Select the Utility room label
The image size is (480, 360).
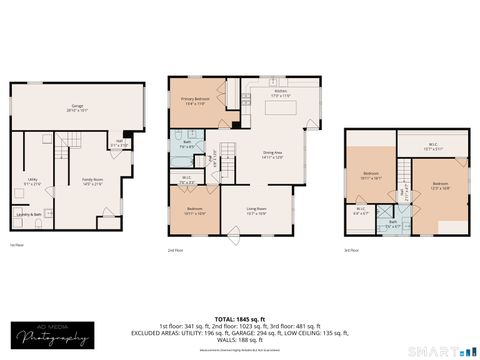pos(32,181)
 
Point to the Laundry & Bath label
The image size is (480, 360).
pos(30,215)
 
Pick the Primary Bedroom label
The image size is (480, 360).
pos(194,102)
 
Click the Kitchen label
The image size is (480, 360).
pos(281,94)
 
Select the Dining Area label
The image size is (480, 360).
pos(272,155)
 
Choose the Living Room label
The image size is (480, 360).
pos(256,211)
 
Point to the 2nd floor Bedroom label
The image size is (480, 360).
pos(194,211)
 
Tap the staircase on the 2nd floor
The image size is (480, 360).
pos(228,155)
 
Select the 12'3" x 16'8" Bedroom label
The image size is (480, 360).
pos(440,185)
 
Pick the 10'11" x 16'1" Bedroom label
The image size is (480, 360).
pos(371,176)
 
